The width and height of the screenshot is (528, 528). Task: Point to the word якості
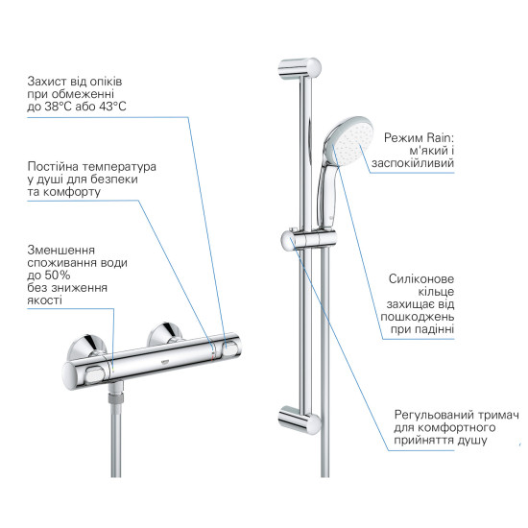(45, 300)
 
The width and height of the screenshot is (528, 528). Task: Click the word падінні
(428, 328)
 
